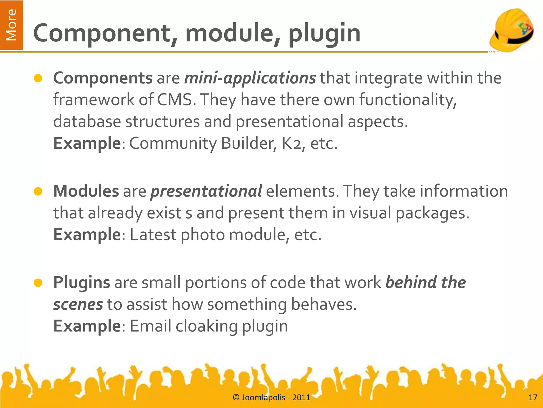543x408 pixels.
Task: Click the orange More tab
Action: tap(11, 25)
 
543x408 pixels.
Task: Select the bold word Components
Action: tap(103, 78)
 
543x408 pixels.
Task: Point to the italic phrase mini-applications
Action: tap(250, 79)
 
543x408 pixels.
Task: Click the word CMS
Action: tap(175, 100)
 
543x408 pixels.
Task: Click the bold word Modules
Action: tap(86, 191)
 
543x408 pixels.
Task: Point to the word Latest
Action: tap(153, 235)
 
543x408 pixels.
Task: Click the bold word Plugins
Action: tap(82, 282)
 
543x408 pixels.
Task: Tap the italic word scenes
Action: tap(78, 304)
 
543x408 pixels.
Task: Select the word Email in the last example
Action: tap(151, 326)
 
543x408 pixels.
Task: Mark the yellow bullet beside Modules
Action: tap(38, 192)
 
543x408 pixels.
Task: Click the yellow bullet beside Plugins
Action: tap(38, 283)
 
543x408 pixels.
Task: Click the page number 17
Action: tap(533, 398)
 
